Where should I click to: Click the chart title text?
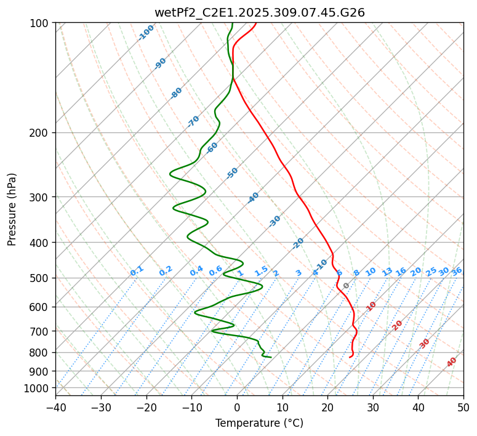click(x=259, y=12)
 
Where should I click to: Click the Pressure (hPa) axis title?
click(x=12, y=209)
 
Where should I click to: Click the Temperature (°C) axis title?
click(x=259, y=423)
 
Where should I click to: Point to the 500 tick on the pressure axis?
click(x=41, y=278)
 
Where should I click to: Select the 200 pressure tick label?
click(x=41, y=133)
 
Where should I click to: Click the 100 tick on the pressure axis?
click(x=41, y=23)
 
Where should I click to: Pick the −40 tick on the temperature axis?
click(x=55, y=408)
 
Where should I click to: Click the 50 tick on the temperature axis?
click(x=463, y=408)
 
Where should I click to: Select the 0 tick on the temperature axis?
click(x=237, y=408)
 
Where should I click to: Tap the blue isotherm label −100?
click(x=146, y=32)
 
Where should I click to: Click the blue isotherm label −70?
click(x=193, y=121)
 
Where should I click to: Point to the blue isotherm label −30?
click(x=275, y=221)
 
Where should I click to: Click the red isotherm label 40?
click(x=452, y=362)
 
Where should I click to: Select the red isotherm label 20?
click(x=398, y=325)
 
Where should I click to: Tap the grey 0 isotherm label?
click(x=347, y=286)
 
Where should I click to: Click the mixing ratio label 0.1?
click(x=137, y=271)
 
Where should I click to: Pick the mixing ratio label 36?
click(x=457, y=271)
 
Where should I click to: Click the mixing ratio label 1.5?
click(x=262, y=271)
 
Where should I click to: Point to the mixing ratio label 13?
click(x=387, y=272)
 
